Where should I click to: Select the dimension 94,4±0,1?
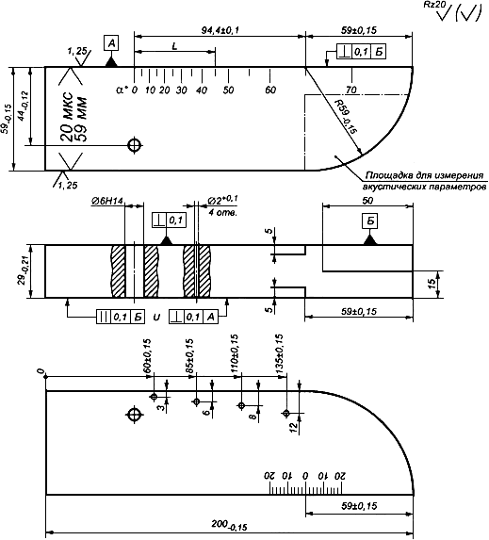(220, 30)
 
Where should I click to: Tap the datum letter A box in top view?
(111, 43)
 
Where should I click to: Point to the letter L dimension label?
(174, 46)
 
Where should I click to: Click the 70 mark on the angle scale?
(351, 90)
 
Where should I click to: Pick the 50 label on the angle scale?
(228, 90)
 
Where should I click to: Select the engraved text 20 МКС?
(67, 117)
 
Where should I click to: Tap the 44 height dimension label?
(24, 106)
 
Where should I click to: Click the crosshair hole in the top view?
(135, 145)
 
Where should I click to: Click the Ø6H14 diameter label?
(107, 201)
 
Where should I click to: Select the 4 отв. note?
(222, 212)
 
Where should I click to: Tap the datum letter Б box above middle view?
(370, 221)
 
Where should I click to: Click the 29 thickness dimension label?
(22, 272)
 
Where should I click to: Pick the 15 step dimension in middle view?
(432, 284)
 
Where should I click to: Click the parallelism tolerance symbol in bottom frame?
(104, 318)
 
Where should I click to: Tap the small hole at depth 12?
(286, 413)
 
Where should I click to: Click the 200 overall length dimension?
(230, 525)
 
